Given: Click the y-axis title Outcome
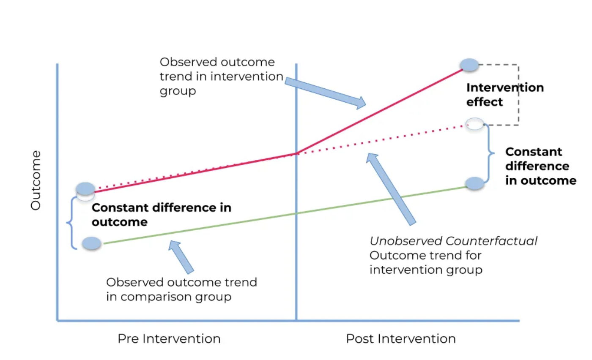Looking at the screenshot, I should click(36, 180).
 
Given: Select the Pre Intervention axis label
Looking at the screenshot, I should click(169, 339).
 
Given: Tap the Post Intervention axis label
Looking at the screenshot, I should click(401, 339).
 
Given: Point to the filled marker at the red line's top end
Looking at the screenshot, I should click(469, 65).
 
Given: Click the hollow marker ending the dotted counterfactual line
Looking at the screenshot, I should click(473, 124).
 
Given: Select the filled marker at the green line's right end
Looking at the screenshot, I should click(474, 183).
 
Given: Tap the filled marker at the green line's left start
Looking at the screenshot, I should click(92, 243).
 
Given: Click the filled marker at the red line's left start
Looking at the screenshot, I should click(86, 188).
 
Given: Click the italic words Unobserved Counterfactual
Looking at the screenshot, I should click(453, 241).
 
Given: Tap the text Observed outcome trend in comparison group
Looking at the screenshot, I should click(181, 289).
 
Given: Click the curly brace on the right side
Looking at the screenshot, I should click(490, 153).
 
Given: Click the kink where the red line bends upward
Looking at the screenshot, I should click(297, 153).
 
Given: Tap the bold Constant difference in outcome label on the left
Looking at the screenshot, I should click(162, 215).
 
